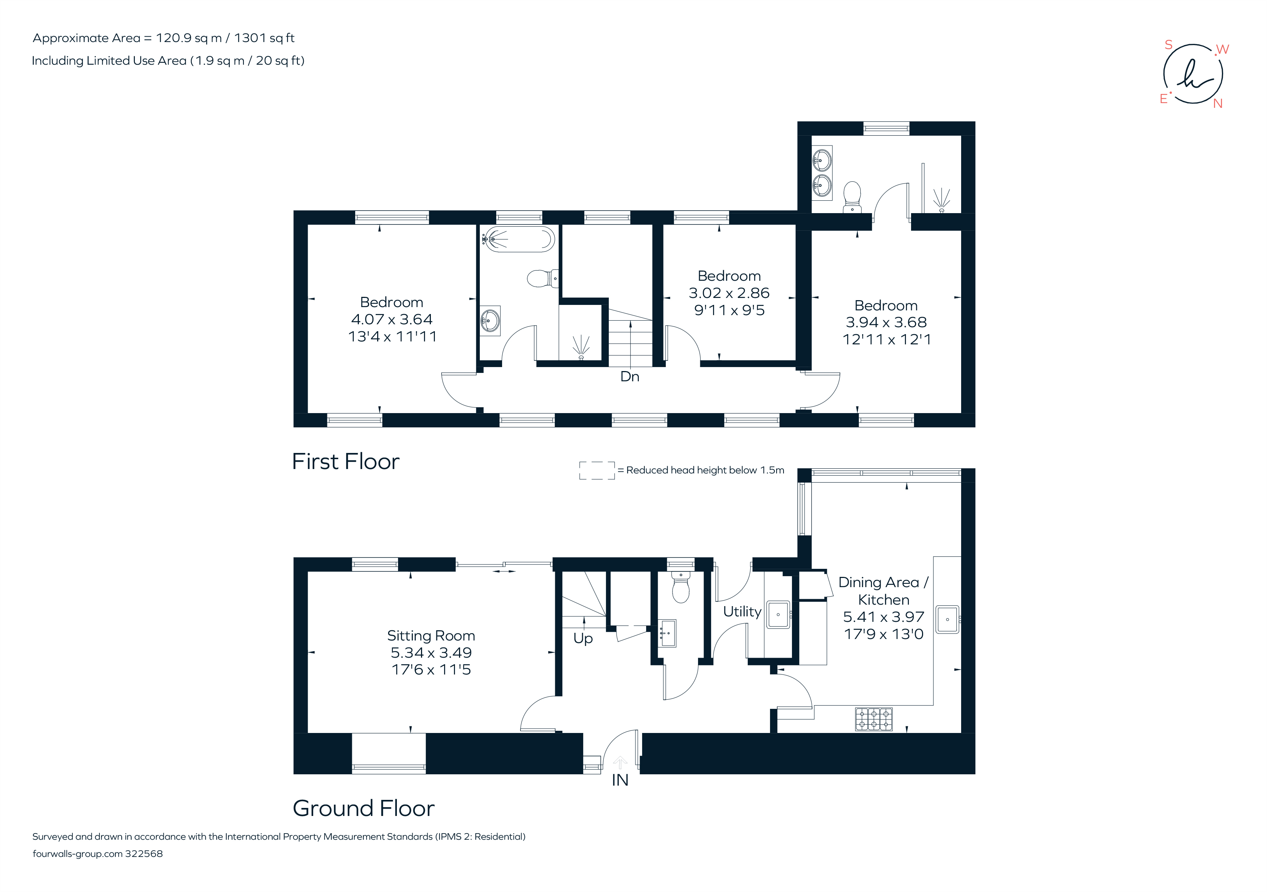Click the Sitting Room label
(x=430, y=635)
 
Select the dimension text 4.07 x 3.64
(x=392, y=320)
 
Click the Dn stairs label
(x=630, y=377)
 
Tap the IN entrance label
(x=620, y=780)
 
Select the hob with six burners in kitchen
(x=873, y=719)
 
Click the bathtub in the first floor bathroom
(x=519, y=239)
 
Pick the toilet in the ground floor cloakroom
(x=680, y=589)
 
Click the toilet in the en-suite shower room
(x=853, y=196)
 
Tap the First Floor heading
(x=345, y=461)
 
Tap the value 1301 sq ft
(x=264, y=38)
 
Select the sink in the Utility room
(x=778, y=615)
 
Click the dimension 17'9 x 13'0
(x=884, y=634)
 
